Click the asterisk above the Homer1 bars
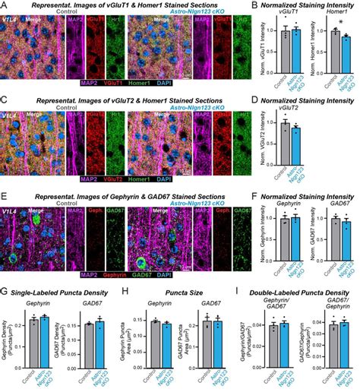pyautogui.click(x=339, y=23)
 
